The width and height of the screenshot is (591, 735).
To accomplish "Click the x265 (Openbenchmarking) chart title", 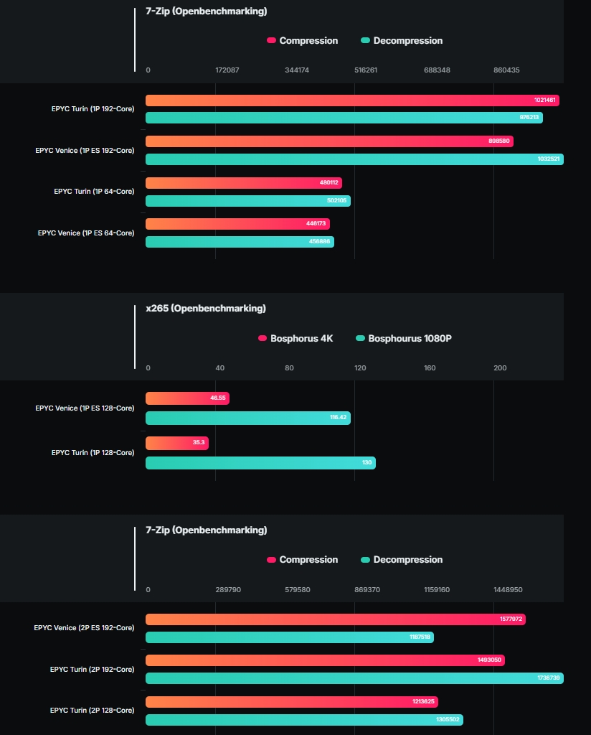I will (205, 309).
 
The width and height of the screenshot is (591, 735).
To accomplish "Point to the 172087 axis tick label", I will (227, 70).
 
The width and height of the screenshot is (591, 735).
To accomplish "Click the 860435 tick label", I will (506, 70).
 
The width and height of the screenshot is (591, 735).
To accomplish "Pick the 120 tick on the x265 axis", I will (360, 368).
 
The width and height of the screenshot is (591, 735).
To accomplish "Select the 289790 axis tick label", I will (228, 590).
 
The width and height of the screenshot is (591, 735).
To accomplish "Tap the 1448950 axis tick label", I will (508, 590).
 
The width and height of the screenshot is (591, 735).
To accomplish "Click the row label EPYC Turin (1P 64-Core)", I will (94, 192).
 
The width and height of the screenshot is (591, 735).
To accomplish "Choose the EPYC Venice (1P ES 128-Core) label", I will (85, 408).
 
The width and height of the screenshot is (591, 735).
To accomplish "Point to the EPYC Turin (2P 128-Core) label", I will (92, 711).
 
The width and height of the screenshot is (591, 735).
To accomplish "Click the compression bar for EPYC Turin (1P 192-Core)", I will (351, 100).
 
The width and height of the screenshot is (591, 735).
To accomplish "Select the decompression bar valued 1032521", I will (354, 159).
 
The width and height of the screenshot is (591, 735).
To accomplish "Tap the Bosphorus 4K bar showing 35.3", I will (176, 443).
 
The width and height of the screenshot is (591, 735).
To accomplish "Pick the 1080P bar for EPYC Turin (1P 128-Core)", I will (260, 463).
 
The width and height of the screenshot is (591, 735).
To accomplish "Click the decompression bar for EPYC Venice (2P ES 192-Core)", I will (289, 637).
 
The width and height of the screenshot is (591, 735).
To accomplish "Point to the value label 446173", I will (316, 224).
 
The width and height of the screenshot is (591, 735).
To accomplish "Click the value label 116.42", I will (339, 417).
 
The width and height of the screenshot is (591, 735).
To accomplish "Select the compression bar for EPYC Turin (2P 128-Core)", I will (291, 701).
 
